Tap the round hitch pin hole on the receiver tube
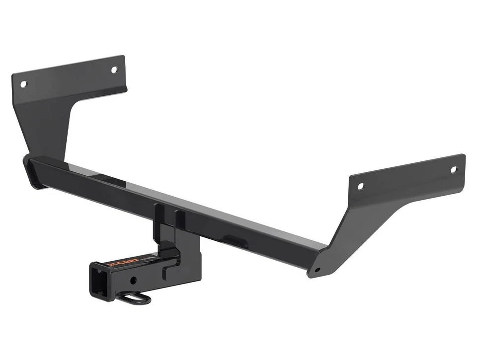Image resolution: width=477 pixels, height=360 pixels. click(133, 281)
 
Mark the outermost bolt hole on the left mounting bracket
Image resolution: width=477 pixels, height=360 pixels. click(23, 84)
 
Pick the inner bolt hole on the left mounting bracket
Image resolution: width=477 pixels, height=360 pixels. click(114, 70)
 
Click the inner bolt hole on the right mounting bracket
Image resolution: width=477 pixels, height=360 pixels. click(361, 186)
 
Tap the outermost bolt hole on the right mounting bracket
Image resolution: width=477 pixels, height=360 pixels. click(453, 169)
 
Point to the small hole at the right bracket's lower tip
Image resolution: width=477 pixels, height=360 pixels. click(318, 271)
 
